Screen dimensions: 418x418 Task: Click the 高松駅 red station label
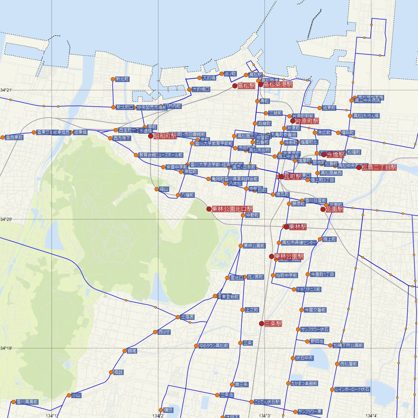[x=246, y=86]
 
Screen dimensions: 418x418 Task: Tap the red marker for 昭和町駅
[x=151, y=136]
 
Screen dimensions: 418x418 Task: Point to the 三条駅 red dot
[x=262, y=324]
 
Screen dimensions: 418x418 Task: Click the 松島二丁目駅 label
[x=379, y=168]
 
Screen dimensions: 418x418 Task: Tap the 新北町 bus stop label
[x=122, y=79]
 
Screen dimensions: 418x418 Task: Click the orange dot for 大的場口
[x=189, y=90]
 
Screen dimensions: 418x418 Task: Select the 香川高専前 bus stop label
[x=27, y=402]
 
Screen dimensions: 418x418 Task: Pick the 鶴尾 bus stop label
[x=132, y=351]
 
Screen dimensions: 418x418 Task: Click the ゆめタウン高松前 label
[x=214, y=346]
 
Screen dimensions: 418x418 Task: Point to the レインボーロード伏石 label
[x=352, y=389]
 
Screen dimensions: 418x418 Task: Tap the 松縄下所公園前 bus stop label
[x=348, y=346]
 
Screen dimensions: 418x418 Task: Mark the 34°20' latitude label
[x=6, y=219]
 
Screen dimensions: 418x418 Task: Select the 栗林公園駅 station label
[x=289, y=256]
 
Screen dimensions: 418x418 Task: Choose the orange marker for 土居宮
[x=178, y=317]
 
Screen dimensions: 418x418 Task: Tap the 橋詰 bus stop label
[x=118, y=372]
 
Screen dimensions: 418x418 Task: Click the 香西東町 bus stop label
[x=14, y=138]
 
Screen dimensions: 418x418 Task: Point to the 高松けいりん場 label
[x=366, y=116]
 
